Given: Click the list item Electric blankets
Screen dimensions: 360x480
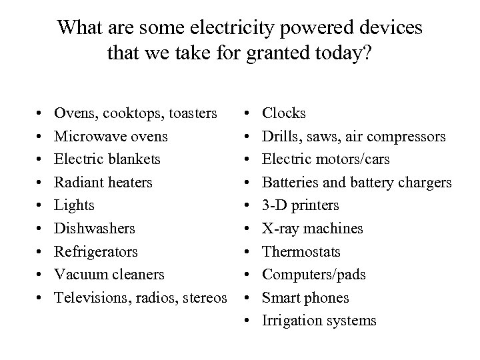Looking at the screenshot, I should point(107,159).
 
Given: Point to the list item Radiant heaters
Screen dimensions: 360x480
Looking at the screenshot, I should point(103,182).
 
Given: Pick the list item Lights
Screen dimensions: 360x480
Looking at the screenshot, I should point(75,205).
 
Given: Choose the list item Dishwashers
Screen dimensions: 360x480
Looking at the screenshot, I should point(95,229).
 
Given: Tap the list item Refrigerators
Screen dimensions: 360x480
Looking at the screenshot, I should point(97,251).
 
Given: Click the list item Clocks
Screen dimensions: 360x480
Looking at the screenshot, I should point(285,113).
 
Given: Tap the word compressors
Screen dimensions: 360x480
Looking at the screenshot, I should point(403,137).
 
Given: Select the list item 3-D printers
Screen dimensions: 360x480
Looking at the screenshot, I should point(301,205).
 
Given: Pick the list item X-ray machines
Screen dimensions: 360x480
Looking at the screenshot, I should point(313,229).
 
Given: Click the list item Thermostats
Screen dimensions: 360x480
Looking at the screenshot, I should point(302,251).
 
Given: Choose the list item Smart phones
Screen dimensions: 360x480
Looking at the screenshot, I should point(306,297).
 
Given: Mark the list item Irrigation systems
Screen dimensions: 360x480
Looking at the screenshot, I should point(320,321).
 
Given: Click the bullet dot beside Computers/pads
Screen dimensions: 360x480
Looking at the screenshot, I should point(247,275).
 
